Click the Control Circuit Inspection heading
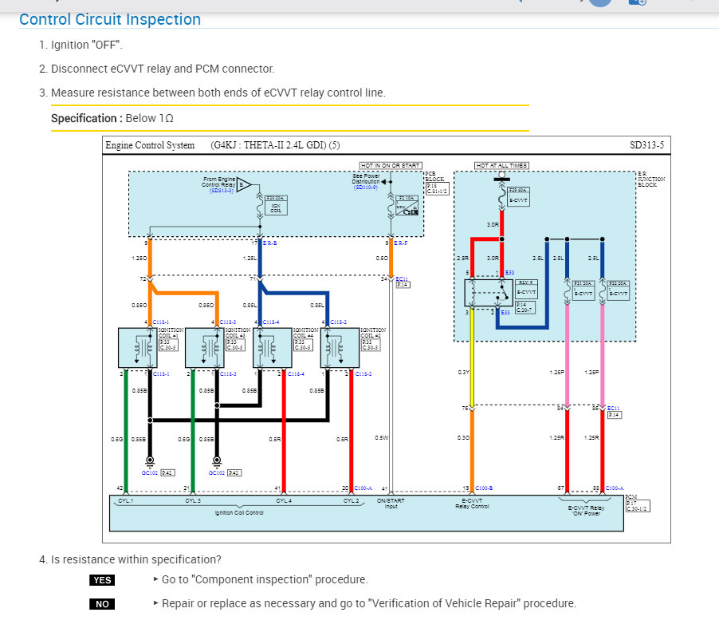coord(110,19)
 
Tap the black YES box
coord(102,580)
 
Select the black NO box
coord(102,604)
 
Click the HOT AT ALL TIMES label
coord(501,165)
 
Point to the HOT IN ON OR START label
coord(390,165)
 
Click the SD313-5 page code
coord(646,145)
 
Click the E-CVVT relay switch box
coord(490,293)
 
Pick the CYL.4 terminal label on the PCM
coord(284,501)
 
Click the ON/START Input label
coord(391,504)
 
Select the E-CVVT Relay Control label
coord(472,504)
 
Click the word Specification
coord(84,118)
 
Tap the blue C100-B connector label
coord(484,488)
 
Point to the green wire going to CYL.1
coord(126,431)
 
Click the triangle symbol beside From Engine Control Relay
coord(244,185)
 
